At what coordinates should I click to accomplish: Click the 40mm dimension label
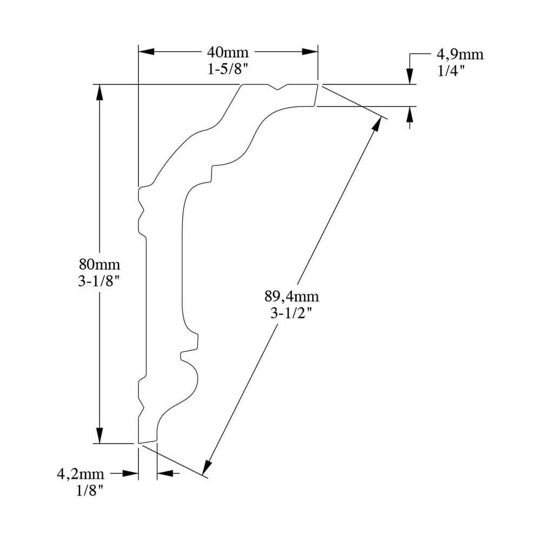point(228,52)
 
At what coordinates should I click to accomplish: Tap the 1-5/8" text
point(228,69)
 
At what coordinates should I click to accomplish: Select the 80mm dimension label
point(100,265)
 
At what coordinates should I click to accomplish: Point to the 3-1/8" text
point(99,281)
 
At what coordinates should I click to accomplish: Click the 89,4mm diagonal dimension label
point(292,296)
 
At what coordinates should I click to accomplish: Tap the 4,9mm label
point(460,55)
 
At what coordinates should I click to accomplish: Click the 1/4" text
point(451,71)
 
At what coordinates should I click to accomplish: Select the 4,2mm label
point(81,474)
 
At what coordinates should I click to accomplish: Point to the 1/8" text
point(90,491)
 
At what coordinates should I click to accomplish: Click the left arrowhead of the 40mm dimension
point(146,52)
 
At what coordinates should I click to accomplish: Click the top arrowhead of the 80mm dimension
point(100,92)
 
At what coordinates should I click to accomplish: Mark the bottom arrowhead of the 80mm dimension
point(100,436)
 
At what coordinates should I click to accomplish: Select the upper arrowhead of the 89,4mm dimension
point(378,124)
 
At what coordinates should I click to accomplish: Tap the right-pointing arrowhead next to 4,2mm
point(131,473)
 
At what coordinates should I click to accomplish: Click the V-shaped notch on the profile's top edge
point(278,87)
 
